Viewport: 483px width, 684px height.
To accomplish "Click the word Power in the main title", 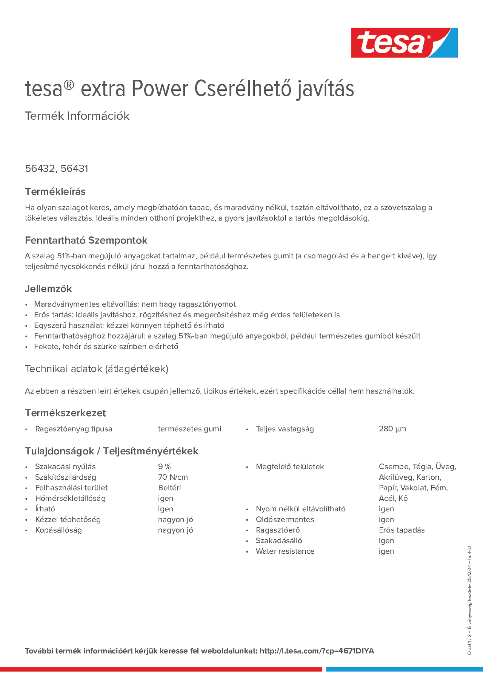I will coord(160,89).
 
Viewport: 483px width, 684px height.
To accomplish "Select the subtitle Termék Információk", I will coord(77,116).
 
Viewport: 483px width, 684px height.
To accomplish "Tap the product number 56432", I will coord(40,169).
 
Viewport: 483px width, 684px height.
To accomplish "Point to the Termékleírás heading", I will coord(55,192).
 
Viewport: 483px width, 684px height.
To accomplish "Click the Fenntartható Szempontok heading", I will coord(86,240).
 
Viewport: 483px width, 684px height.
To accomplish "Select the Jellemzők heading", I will coord(48,288).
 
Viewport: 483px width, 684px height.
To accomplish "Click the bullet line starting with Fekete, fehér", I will coord(106,346).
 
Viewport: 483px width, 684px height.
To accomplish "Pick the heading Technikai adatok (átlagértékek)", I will coord(96,369).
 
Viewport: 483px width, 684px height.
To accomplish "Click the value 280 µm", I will coord(392,429).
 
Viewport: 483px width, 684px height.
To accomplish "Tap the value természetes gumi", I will coord(189,429).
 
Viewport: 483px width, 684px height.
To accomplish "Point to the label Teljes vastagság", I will coord(285,429).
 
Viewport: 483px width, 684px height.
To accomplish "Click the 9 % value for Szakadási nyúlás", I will coord(164,467).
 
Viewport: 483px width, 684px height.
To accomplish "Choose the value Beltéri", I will coord(169,488).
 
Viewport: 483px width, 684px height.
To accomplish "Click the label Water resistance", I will coord(285,551).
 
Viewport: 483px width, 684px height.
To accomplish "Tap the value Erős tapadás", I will coord(401,530).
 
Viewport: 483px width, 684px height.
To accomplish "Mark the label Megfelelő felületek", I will coord(290,467).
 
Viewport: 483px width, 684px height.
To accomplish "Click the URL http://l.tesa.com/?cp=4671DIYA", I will coord(317,651).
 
